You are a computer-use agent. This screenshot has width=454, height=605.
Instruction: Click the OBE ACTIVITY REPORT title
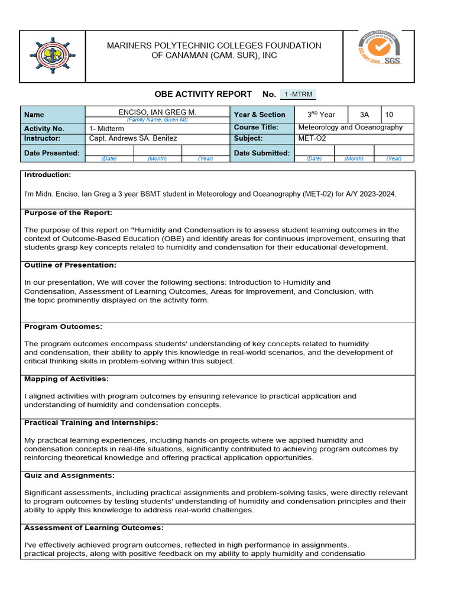click(x=205, y=95)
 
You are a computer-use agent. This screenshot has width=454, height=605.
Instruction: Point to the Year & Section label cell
click(x=260, y=115)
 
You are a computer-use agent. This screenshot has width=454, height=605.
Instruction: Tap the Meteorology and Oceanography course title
click(x=350, y=128)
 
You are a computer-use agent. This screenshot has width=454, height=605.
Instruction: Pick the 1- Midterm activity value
click(x=106, y=128)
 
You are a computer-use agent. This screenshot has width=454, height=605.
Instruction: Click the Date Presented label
click(x=51, y=153)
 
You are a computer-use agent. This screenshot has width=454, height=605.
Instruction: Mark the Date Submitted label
click(x=262, y=153)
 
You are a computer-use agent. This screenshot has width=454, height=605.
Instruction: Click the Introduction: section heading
click(x=47, y=175)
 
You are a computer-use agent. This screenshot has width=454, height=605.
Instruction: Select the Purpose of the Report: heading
click(x=68, y=213)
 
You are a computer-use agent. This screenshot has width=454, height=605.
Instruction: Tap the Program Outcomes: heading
click(x=63, y=326)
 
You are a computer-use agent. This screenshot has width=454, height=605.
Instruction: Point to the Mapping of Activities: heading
click(x=66, y=379)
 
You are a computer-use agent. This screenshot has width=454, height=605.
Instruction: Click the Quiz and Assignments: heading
click(x=69, y=475)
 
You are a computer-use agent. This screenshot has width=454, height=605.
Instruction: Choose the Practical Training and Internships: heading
click(x=91, y=422)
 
